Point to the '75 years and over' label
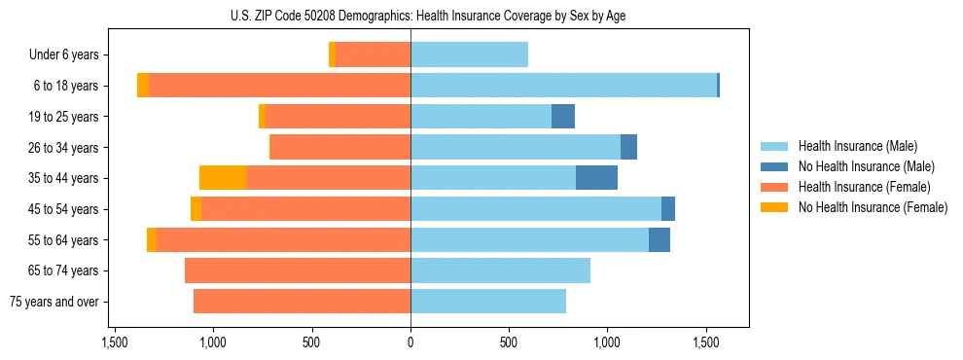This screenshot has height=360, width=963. click(x=53, y=302)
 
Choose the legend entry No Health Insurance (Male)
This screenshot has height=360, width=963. click(x=866, y=166)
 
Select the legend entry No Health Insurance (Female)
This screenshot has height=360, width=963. click(x=873, y=206)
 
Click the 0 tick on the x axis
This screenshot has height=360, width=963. click(x=410, y=342)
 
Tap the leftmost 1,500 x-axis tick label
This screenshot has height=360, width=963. click(x=115, y=342)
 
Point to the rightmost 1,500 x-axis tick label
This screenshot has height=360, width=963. click(x=705, y=342)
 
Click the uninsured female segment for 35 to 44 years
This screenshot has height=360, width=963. click(x=223, y=178)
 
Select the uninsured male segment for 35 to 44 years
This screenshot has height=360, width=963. click(x=596, y=178)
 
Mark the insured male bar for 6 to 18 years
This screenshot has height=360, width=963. click(x=563, y=86)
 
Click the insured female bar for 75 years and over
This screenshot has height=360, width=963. click(x=302, y=302)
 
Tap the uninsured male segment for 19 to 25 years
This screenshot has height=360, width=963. click(x=563, y=117)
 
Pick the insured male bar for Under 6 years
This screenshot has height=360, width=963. click(x=469, y=54)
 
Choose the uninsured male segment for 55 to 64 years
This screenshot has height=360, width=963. click(x=660, y=239)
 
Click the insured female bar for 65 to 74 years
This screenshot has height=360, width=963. click(x=298, y=270)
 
